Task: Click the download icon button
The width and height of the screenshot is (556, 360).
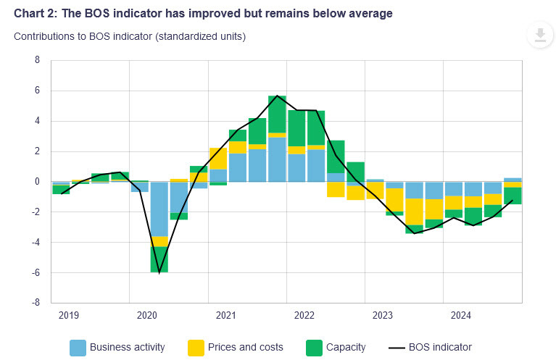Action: pyautogui.click(x=539, y=35)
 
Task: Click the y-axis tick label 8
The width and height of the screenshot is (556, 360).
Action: pyautogui.click(x=37, y=60)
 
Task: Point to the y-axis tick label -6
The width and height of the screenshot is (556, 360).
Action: pyautogui.click(x=36, y=272)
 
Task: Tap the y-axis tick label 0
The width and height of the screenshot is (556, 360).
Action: pyautogui.click(x=37, y=182)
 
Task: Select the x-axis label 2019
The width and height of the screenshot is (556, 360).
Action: pyautogui.click(x=69, y=315)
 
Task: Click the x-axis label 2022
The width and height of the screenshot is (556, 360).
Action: pyautogui.click(x=304, y=315)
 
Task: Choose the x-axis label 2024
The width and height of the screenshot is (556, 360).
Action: pyautogui.click(x=461, y=315)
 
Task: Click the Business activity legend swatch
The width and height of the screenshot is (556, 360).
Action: pyautogui.click(x=78, y=347)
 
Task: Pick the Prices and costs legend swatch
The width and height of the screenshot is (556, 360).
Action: pyautogui.click(x=196, y=347)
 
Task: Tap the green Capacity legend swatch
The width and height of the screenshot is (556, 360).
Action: pyautogui.click(x=313, y=347)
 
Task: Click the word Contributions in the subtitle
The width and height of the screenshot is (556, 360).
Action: pyautogui.click(x=43, y=36)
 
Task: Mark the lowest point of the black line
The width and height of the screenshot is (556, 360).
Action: pyautogui.click(x=159, y=272)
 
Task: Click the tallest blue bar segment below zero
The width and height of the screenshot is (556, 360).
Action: pyautogui.click(x=159, y=209)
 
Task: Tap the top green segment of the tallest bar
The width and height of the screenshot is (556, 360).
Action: pyautogui.click(x=277, y=114)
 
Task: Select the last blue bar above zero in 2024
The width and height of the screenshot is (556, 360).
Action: pyautogui.click(x=513, y=180)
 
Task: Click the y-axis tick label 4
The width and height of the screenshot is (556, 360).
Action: pyautogui.click(x=37, y=121)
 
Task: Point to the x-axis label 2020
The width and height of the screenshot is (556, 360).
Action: pyautogui.click(x=147, y=315)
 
